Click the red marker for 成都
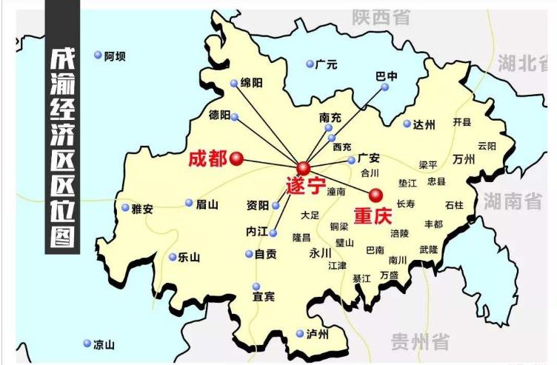click(236, 158)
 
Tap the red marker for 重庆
click(376, 195)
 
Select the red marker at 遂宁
click(304, 169)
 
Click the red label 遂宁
click(305, 187)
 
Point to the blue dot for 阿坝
click(98, 55)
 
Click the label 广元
click(326, 64)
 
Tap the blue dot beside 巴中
click(384, 87)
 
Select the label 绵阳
click(252, 84)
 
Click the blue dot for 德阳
click(235, 117)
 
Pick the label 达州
click(424, 124)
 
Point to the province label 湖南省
click(513, 200)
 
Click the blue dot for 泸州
click(300, 333)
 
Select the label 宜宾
click(264, 297)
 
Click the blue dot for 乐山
click(173, 258)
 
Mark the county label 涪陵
click(399, 233)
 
